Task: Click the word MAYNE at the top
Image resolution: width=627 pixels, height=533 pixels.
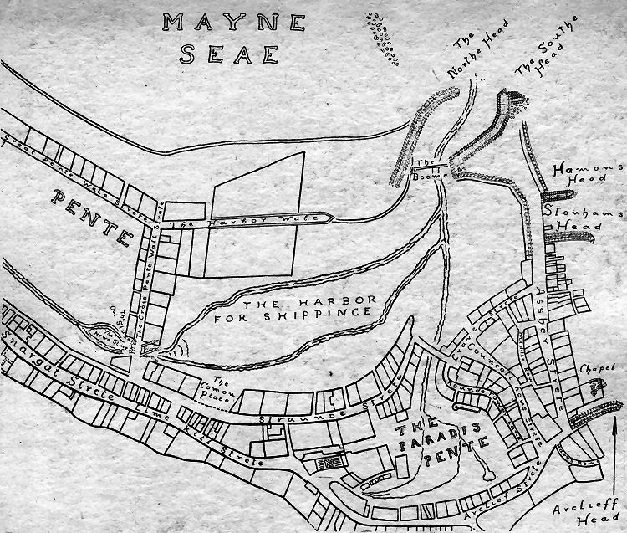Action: coord(209,23)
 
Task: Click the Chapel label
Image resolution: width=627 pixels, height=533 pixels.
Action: coord(598,368)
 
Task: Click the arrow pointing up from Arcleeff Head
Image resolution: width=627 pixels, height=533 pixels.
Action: coord(615,452)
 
